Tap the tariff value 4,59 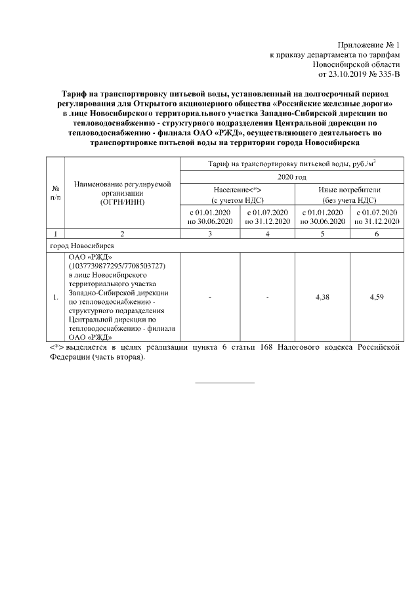(376, 297)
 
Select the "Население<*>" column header (237, 190)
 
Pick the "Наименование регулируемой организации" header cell (122, 193)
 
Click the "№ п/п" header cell (55, 193)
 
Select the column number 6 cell (376, 234)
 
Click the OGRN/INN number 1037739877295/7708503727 (116, 266)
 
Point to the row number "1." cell (55, 297)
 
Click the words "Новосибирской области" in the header (356, 65)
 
